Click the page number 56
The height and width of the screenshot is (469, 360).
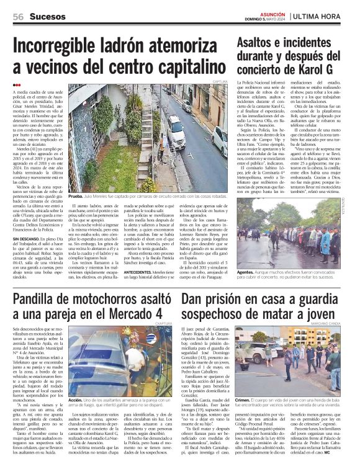[18, 16]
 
